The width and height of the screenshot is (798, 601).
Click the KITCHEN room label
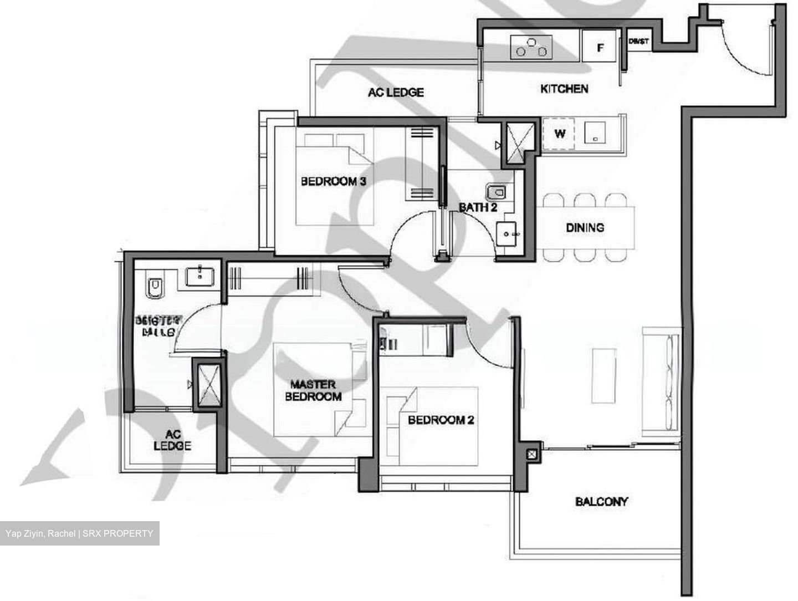pyautogui.click(x=564, y=89)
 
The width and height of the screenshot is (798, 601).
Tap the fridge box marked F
pyautogui.click(x=600, y=48)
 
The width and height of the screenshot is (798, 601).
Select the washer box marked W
pyautogui.click(x=560, y=134)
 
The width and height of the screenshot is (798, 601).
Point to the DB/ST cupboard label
pyautogui.click(x=639, y=41)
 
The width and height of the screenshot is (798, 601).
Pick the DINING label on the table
pyautogui.click(x=585, y=227)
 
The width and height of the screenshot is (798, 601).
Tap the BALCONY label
pyautogui.click(x=601, y=502)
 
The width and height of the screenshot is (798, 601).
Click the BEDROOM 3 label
pyautogui.click(x=333, y=181)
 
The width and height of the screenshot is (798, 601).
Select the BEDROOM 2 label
pyautogui.click(x=441, y=420)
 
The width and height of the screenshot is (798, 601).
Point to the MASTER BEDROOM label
pyautogui.click(x=313, y=390)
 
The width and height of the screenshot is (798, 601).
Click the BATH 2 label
pyautogui.click(x=478, y=207)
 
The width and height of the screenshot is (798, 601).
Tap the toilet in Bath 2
pyautogui.click(x=496, y=192)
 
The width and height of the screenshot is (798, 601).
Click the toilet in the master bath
pyautogui.click(x=155, y=287)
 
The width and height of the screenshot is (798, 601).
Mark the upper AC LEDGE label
pyautogui.click(x=396, y=92)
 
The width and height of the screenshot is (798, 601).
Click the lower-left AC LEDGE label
pyautogui.click(x=172, y=440)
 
